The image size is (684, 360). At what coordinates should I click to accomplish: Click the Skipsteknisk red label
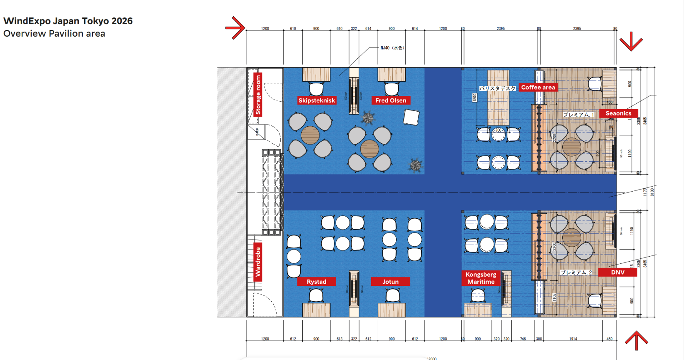pos(317,100)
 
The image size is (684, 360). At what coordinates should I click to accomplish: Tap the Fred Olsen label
pos(391,100)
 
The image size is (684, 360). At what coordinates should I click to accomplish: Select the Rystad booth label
pos(317,282)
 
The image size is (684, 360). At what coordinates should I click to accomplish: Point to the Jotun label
pos(390,282)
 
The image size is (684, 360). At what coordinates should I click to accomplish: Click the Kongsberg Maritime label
pos(481,278)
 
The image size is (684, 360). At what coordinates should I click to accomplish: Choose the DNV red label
pos(618,272)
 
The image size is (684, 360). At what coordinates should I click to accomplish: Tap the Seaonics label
pos(618,113)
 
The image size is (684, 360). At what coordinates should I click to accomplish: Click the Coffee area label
pos(538,87)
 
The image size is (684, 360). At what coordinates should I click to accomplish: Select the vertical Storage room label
pos(258,95)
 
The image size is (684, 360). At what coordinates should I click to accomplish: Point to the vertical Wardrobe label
pos(258,262)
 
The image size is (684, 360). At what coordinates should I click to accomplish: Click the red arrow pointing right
pos(236,28)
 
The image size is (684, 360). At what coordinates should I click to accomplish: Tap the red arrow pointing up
pos(637,340)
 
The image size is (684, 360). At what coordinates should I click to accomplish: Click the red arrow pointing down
pos(631,42)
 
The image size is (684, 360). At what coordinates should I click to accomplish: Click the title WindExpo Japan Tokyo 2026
pos(68,21)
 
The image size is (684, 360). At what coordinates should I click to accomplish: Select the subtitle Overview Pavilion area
pos(54,33)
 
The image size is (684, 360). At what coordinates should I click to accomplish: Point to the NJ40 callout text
pos(392,48)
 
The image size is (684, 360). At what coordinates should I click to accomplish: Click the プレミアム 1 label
pos(579,115)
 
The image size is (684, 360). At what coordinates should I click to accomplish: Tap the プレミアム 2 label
pos(576,272)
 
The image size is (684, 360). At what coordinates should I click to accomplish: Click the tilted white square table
pos(411,117)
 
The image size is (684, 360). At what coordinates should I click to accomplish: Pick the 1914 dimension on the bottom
pos(573,339)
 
